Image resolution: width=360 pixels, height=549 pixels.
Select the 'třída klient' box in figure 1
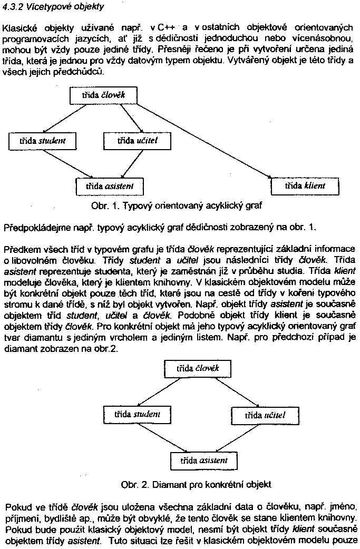305,186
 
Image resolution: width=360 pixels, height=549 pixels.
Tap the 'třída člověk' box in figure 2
197,368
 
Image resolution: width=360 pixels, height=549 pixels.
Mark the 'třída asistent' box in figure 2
203,460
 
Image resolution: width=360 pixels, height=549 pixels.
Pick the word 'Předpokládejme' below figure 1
28,228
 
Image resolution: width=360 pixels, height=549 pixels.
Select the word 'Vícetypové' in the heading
46,7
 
